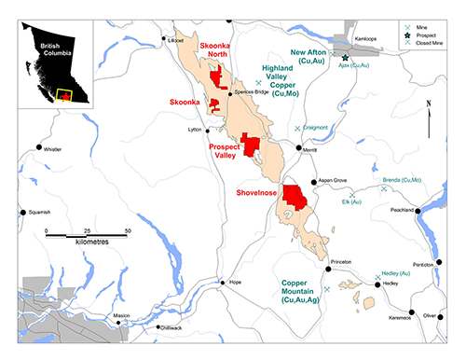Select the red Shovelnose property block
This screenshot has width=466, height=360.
296,198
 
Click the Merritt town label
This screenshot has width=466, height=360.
311,149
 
